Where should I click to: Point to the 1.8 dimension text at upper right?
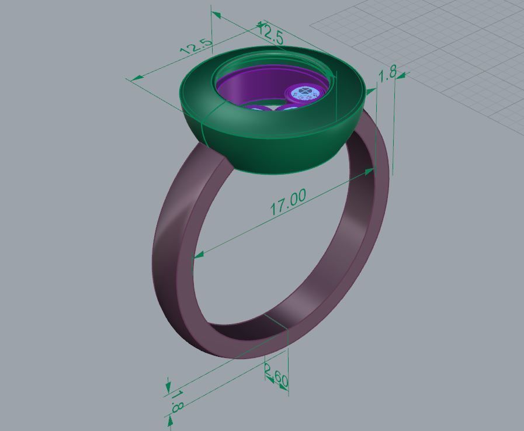[387, 73]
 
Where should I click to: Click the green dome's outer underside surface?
[275, 152]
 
